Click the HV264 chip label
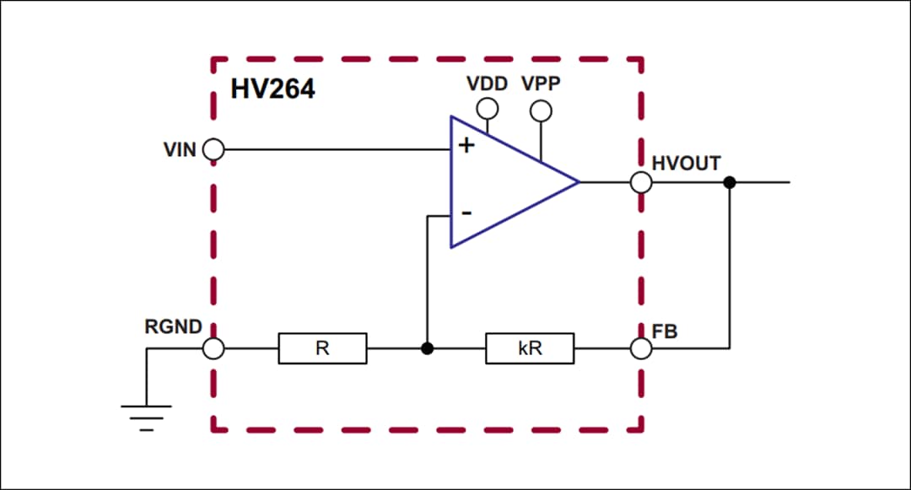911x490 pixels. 272,89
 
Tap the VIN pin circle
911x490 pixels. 214,150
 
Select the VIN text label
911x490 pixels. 180,150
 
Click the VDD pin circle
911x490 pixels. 487,109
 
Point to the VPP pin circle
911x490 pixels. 541,110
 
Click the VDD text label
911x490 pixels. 487,84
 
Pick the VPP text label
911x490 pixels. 541,84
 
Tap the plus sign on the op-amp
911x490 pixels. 466,145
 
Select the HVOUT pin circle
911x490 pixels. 641,182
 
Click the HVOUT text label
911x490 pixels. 686,163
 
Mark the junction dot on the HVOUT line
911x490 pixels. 730,182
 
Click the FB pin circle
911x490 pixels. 641,348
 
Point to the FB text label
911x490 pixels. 665,331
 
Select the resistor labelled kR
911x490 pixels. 530,348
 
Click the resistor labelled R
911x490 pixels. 322,348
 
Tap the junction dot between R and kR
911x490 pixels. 428,348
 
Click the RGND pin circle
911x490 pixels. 214,348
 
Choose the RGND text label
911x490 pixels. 173,327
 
